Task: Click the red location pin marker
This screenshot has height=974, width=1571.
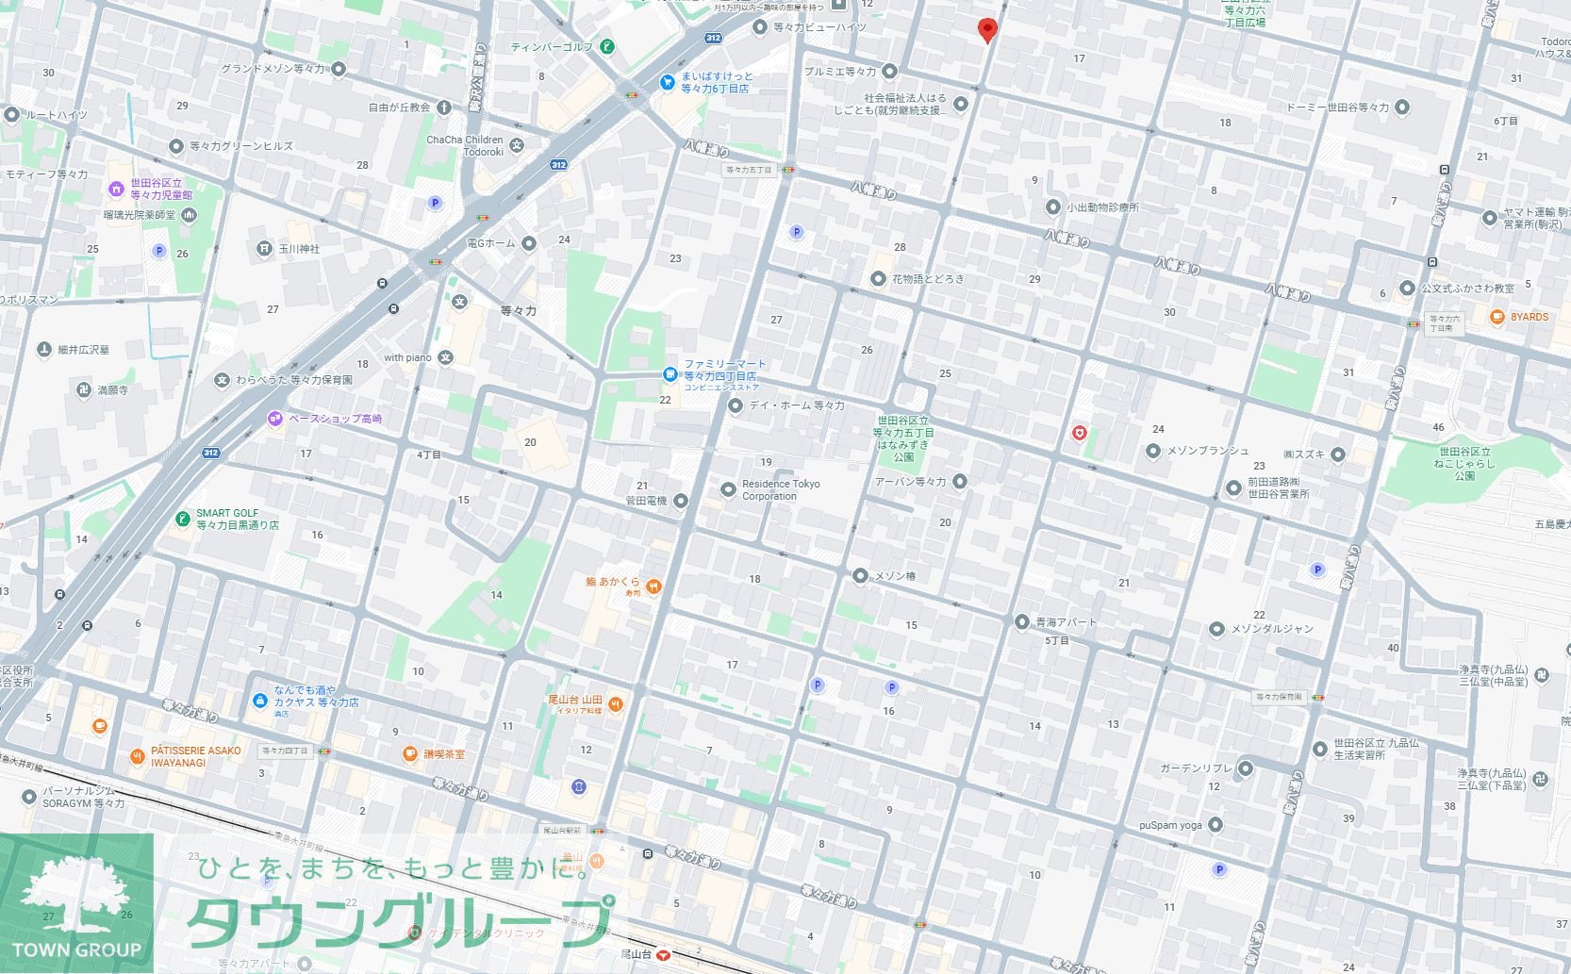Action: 986,29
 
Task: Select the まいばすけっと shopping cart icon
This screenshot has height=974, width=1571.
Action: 667,82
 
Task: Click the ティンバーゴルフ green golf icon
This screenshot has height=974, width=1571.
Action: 608,46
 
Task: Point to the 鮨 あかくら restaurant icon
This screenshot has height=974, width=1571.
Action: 653,586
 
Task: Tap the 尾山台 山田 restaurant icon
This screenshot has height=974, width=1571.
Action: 615,703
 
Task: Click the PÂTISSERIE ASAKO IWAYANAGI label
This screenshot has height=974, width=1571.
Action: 196,756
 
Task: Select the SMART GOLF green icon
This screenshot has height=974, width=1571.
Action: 183,519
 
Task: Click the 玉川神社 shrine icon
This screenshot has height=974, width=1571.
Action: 264,249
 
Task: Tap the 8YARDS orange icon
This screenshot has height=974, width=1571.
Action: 1497,317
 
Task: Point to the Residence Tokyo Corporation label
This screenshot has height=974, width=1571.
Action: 781,489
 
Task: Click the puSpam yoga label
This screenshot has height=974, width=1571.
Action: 1170,825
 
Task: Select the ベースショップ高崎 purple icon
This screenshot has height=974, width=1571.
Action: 275,418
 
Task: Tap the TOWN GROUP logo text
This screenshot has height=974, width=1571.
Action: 76,949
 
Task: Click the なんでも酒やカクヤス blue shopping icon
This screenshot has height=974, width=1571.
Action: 259,701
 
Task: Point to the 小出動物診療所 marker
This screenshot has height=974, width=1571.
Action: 1053,207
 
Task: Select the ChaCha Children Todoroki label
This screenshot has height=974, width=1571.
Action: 465,145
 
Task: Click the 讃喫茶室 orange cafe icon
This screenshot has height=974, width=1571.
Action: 410,753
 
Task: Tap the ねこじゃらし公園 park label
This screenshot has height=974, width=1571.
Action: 1464,463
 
